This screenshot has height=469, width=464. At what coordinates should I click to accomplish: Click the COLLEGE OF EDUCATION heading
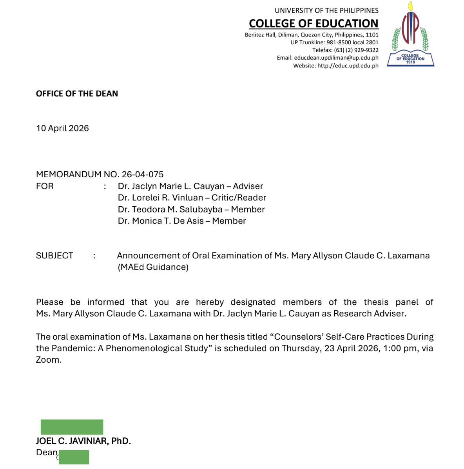(x=314, y=24)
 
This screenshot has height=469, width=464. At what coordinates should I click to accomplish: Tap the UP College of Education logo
(x=411, y=35)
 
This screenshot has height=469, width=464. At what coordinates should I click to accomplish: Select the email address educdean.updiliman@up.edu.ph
(x=336, y=58)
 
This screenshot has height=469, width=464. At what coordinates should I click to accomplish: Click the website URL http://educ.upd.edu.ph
(x=348, y=66)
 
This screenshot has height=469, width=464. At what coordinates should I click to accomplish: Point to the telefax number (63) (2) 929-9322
(x=356, y=50)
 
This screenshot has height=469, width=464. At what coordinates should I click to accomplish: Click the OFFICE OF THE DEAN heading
(x=77, y=94)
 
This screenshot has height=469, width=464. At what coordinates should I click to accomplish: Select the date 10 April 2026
(x=62, y=128)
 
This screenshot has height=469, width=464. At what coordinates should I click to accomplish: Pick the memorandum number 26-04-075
(x=143, y=175)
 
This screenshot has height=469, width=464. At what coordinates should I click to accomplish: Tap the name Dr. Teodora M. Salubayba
(x=170, y=209)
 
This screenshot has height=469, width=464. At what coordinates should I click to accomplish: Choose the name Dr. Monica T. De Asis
(x=161, y=221)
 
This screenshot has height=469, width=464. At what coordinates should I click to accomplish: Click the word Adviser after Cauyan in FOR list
(x=248, y=186)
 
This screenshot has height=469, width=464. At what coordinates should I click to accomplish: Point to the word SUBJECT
(x=54, y=256)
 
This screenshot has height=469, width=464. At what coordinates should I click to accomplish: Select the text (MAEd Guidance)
(x=153, y=267)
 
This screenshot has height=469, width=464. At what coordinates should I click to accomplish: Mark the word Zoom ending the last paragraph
(x=48, y=360)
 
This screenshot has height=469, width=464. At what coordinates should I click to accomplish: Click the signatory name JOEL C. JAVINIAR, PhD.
(x=83, y=441)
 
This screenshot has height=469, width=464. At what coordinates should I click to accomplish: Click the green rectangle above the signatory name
(x=72, y=427)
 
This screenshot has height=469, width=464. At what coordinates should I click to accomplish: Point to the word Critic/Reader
(x=239, y=198)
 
